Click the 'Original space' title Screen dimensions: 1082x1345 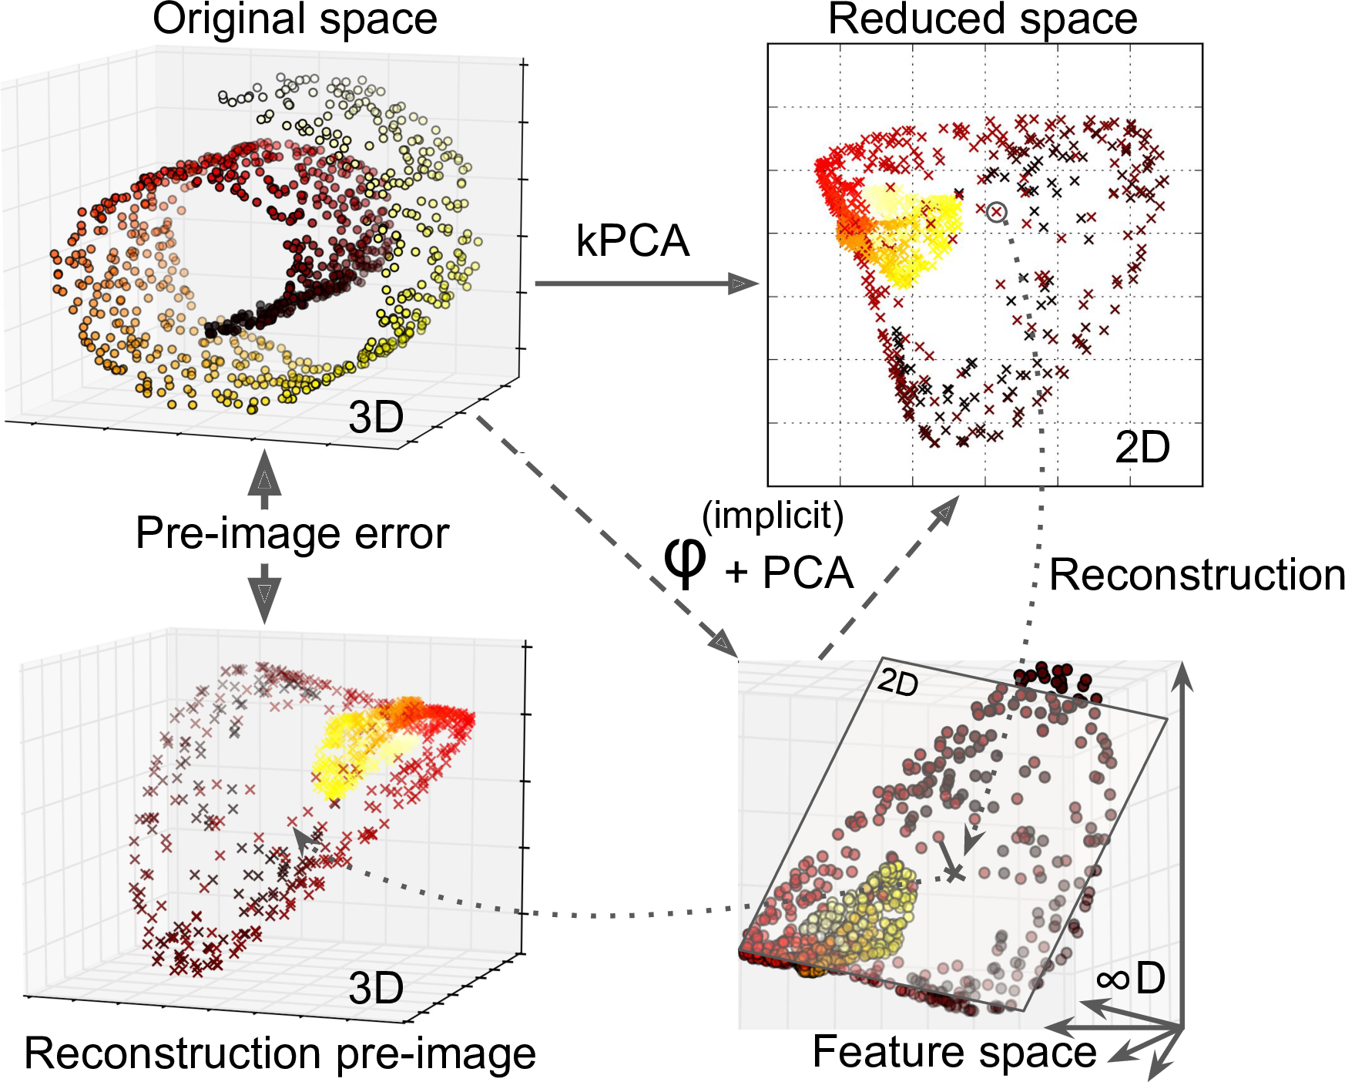[x=295, y=19]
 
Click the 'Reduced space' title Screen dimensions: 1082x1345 [x=982, y=19]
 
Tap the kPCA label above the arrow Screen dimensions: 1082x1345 [x=632, y=241]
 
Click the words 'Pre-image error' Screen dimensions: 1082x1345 [x=292, y=533]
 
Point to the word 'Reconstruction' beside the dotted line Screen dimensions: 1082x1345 [x=1196, y=575]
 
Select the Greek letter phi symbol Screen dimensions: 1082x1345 [x=684, y=561]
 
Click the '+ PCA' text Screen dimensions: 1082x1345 [x=790, y=573]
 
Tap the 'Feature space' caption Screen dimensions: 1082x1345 [x=954, y=1052]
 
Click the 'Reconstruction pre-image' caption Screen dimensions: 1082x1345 [x=280, y=1053]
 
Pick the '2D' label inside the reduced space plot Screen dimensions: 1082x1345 [x=1142, y=448]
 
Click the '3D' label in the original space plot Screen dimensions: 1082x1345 [x=376, y=418]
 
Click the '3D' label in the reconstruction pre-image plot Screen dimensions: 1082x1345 [x=376, y=989]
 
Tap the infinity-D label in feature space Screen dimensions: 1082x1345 [x=1131, y=980]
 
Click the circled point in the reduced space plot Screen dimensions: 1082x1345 [x=996, y=211]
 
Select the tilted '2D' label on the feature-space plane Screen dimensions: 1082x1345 [x=898, y=681]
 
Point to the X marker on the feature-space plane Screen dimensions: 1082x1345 [x=955, y=873]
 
